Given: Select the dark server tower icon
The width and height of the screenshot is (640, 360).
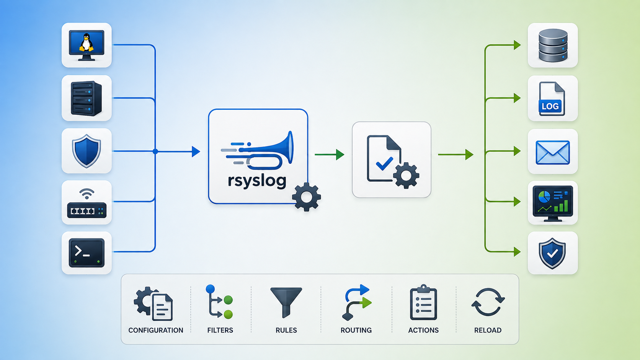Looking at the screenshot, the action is coord(86,98).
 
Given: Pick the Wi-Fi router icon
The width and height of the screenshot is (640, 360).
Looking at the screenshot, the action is coord(87,203).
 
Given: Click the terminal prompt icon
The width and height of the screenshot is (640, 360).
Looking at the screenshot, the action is coord(87,253).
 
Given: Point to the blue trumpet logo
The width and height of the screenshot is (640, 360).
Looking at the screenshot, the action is coord(258,151).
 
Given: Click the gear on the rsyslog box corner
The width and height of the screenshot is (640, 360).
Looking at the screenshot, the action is coord(306,197).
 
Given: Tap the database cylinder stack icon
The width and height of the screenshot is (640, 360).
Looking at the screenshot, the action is coord(553,46).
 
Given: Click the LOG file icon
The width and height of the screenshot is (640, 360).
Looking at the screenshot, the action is coord(552,99).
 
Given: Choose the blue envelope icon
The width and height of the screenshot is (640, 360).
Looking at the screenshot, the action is coord(553,152).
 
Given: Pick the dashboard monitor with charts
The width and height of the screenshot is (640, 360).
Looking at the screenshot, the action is coord(553,203).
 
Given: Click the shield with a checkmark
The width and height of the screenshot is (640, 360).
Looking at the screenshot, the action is coord(552,254).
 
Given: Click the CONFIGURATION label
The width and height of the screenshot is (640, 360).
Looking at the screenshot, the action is coord(156,330).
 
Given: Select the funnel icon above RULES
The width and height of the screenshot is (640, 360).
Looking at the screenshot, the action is coord(286,303).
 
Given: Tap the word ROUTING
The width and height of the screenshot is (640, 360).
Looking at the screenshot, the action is coord(356,330).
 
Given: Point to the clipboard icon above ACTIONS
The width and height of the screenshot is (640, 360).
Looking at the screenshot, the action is coord(423,302).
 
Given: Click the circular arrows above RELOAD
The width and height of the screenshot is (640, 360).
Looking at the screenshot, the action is coord(488,302).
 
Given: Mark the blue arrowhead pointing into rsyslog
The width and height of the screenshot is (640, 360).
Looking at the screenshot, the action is coord(196,151).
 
